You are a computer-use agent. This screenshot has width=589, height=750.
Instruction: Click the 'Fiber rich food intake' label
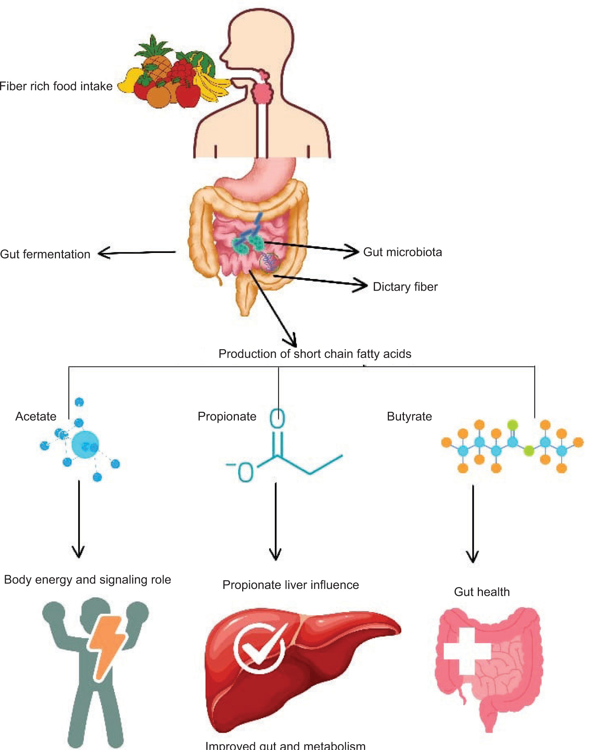56,86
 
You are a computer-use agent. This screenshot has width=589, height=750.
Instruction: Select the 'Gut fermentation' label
45,254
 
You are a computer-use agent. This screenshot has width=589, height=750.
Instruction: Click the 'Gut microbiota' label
402,252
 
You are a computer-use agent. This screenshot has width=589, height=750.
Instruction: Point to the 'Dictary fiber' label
405,287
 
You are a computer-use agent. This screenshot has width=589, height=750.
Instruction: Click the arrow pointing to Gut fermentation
137,253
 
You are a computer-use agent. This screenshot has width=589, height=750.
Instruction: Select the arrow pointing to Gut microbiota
311,247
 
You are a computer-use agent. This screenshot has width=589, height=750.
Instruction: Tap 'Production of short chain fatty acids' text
315,354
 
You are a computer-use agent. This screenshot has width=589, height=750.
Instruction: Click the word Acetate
36,417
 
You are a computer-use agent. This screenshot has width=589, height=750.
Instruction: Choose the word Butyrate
409,417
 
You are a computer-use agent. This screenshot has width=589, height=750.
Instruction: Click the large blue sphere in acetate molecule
85,445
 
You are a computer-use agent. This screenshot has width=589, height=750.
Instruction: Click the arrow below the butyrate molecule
473,523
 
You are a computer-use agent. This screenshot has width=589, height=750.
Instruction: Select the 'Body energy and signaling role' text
87,580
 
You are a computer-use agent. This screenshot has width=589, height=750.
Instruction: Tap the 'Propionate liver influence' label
290,585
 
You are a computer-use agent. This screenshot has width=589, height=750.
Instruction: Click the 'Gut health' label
481,592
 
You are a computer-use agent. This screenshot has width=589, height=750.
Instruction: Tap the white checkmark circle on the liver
259,648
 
